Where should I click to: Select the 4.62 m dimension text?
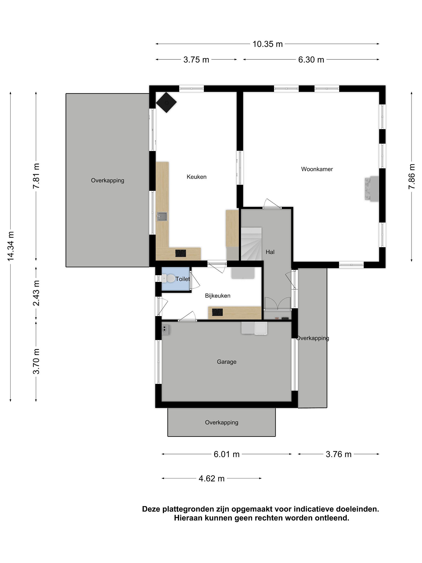[x=211, y=479]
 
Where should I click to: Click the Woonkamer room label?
[x=317, y=169]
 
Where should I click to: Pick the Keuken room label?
[x=196, y=177]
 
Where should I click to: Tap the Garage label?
[x=226, y=362]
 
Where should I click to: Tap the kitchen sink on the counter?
[x=162, y=216]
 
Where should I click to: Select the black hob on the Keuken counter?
[x=181, y=253]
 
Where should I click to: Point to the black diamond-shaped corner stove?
[x=166, y=102]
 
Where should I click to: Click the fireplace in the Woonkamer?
[x=372, y=189]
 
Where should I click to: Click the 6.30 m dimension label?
[x=311, y=60]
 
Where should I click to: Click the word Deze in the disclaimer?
[x=151, y=509]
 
